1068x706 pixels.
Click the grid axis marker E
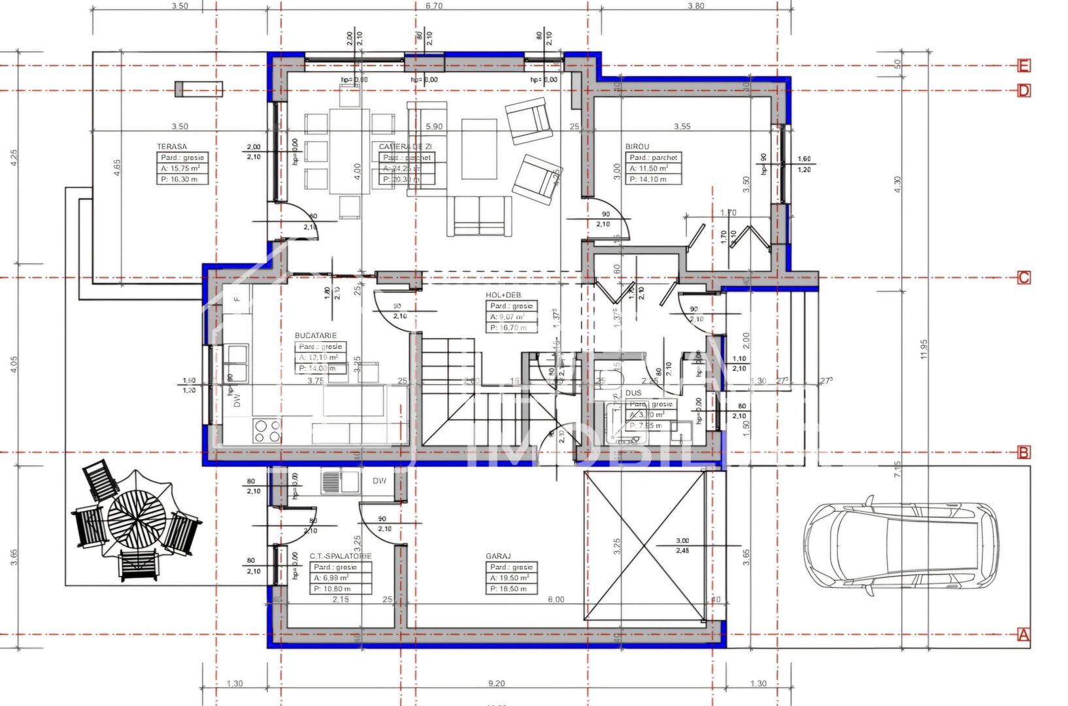tap(1024, 65)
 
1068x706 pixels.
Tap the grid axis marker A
tap(1024, 635)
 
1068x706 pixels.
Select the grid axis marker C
tap(1024, 278)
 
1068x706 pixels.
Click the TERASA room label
tap(172, 147)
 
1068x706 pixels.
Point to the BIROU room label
tap(637, 147)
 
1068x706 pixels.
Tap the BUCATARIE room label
tap(316, 336)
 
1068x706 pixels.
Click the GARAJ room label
tap(498, 556)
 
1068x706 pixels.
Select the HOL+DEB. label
tap(504, 295)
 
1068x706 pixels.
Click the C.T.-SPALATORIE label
tap(341, 556)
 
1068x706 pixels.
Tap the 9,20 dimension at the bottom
tap(496, 684)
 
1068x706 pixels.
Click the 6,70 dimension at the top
tap(434, 7)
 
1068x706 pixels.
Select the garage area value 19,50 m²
tap(512, 578)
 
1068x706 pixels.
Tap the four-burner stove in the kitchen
tap(267, 431)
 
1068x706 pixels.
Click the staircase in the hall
tap(487, 392)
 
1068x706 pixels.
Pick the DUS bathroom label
tap(633, 393)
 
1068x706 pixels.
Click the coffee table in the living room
tap(479, 148)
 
